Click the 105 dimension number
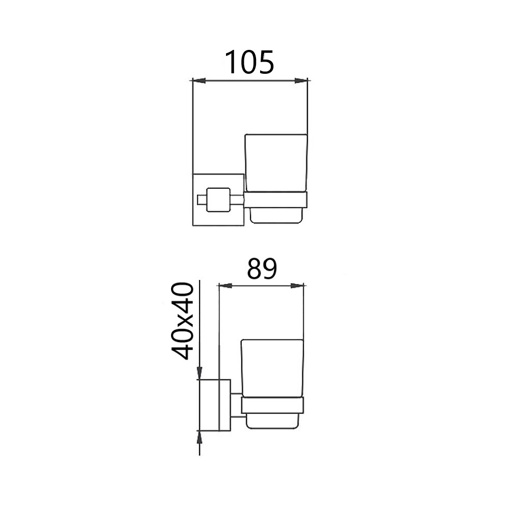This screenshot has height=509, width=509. pos(249,62)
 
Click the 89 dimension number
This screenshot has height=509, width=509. pos(262,269)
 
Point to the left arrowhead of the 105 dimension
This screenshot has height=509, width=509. pos(199,80)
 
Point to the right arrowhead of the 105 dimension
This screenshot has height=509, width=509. pos(301,80)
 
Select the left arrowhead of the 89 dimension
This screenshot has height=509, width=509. pos(225,286)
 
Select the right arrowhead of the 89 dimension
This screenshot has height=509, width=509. pos(297,286)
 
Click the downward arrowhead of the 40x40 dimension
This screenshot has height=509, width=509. pos(200,373)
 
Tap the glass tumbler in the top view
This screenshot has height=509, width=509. pos(275,163)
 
